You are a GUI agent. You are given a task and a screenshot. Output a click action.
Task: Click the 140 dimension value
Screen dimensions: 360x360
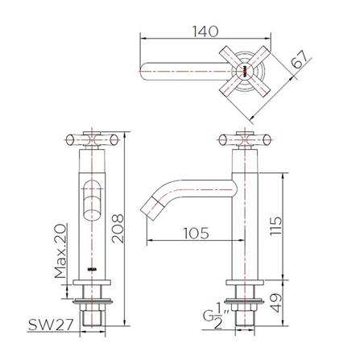(x=205, y=31)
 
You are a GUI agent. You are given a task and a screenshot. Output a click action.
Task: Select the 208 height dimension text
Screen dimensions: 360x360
(x=118, y=229)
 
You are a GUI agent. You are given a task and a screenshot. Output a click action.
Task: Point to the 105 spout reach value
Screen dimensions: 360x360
(x=196, y=233)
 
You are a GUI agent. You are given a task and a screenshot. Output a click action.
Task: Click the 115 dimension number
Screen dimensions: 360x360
(x=276, y=226)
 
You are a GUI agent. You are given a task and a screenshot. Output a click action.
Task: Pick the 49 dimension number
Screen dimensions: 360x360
(x=275, y=303)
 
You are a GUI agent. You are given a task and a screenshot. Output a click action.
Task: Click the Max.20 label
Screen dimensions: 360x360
(x=60, y=251)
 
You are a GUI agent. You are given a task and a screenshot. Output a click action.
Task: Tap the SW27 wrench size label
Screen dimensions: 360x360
(x=51, y=325)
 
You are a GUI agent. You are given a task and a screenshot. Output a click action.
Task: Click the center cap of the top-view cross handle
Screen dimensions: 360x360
(x=245, y=72)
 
